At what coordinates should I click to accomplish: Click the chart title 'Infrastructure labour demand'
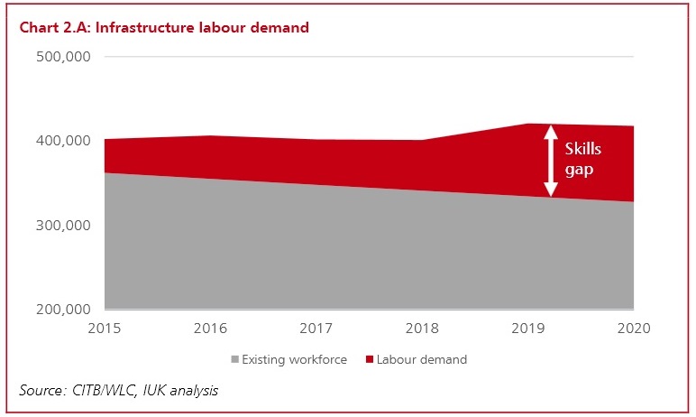coord(163,28)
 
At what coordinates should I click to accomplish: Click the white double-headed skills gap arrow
coord(549,161)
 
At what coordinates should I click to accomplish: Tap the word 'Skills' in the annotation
coord(582,150)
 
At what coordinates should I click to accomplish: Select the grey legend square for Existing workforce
coord(235,360)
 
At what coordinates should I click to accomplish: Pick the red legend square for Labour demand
coord(369,360)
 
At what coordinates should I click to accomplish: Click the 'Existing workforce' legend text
coord(295,359)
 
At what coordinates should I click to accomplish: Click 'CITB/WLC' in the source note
coord(111,390)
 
